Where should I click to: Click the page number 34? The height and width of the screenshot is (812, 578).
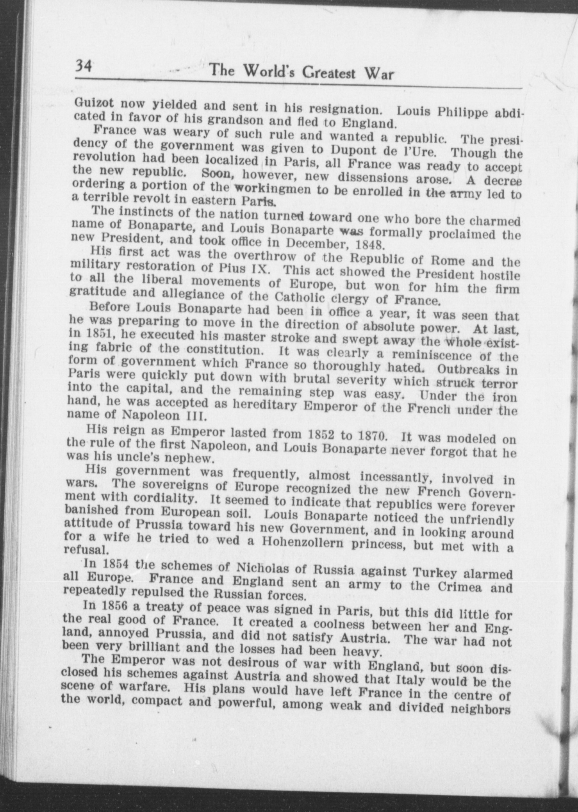[x=83, y=66]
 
